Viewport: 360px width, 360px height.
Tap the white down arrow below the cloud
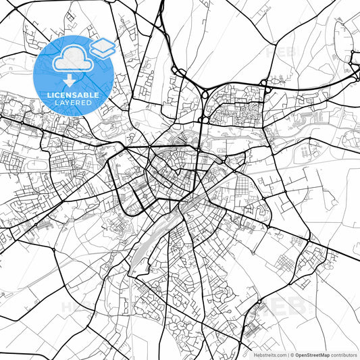(x=70, y=80)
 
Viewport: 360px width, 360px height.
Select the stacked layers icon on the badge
(x=102, y=48)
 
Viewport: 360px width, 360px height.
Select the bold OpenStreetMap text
(x=311, y=355)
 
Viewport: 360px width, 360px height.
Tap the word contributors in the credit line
(x=343, y=355)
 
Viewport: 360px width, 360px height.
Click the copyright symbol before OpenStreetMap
(x=292, y=355)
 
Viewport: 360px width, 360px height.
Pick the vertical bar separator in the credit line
(x=287, y=355)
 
